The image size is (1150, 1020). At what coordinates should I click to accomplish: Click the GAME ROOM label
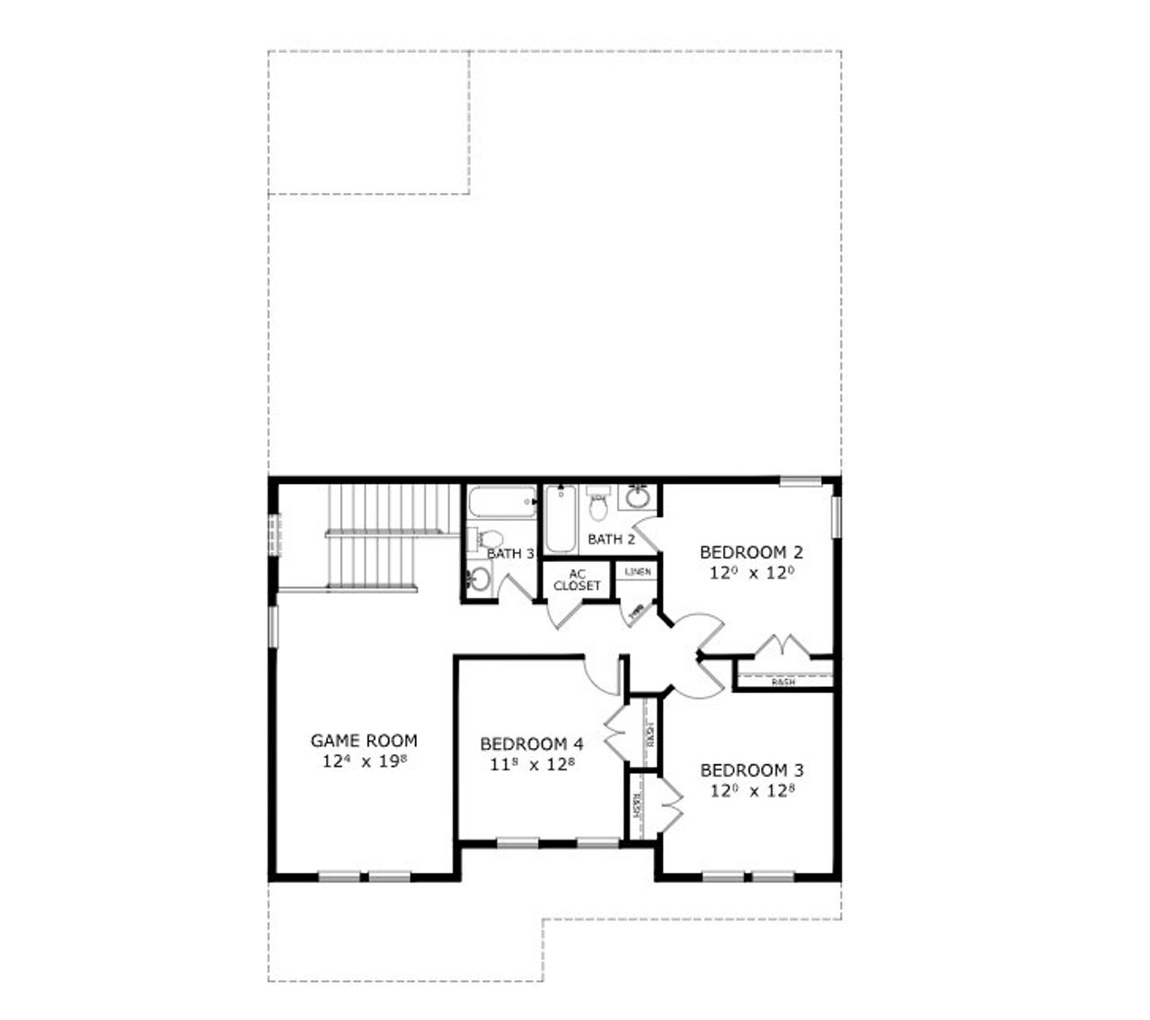[x=364, y=741]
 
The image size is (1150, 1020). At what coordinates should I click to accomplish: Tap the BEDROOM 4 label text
[x=532, y=744]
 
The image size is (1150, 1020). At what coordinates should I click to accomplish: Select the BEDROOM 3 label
[x=752, y=770]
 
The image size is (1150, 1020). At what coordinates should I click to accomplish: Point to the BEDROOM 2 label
[x=751, y=551]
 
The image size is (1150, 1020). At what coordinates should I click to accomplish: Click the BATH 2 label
[x=611, y=540]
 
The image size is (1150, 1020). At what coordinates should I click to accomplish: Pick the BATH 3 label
[x=510, y=554]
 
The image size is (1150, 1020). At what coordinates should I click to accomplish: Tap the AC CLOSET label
[x=577, y=580]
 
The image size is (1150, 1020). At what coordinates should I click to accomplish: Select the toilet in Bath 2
[x=597, y=506]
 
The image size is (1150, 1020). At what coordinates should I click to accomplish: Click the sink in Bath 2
[x=639, y=497]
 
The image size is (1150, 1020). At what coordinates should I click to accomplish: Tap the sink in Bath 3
[x=479, y=580]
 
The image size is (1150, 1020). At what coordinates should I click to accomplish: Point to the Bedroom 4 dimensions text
[x=532, y=765]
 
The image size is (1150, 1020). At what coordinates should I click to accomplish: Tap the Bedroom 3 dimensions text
[x=752, y=791]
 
